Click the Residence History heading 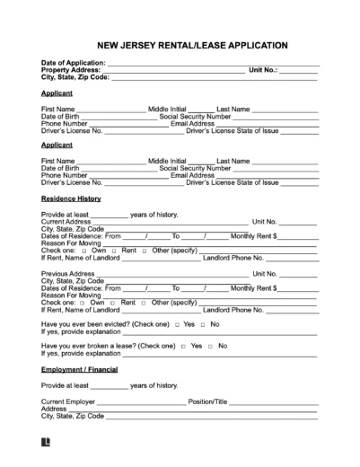(71, 198)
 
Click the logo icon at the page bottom (46, 444)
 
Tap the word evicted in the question (116, 323)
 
